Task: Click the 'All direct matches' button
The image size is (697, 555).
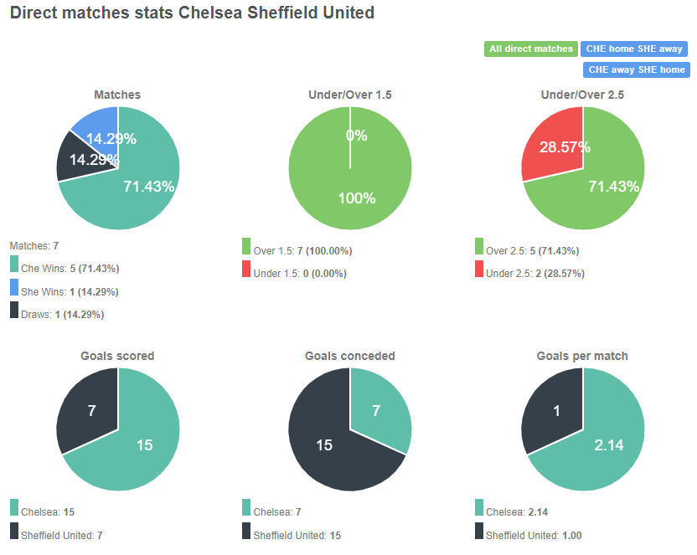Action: [530, 49]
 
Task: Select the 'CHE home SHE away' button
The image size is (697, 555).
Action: [634, 49]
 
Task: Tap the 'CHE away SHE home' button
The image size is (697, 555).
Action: [636, 69]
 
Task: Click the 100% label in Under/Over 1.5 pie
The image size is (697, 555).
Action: [356, 198]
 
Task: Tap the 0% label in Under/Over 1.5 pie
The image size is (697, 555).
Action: [356, 135]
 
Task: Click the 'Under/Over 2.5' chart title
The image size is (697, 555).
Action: [582, 95]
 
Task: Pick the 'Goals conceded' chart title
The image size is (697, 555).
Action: [350, 356]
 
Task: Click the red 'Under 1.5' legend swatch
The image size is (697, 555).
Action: [246, 269]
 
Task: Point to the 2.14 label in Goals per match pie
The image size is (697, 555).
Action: [609, 445]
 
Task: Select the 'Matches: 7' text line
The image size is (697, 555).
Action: [34, 245]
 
